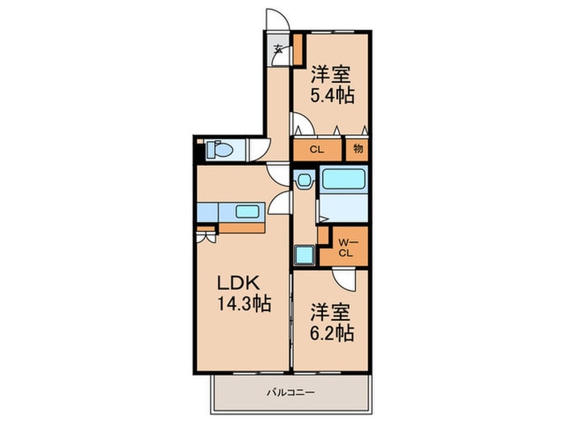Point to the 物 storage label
coord(358,148)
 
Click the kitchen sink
coord(248,213)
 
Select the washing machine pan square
coord(304,255)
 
